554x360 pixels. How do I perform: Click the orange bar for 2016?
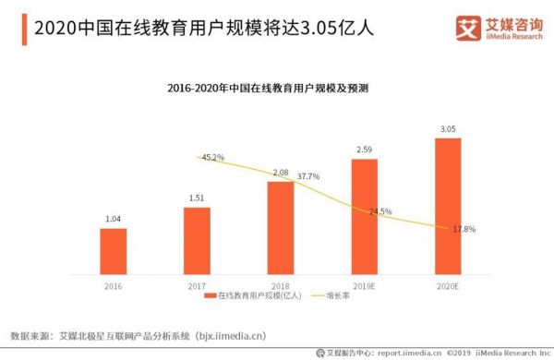[113, 250]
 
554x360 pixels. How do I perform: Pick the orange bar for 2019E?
[364, 216]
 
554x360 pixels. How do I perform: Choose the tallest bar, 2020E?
[448, 206]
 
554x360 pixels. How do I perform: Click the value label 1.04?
[113, 218]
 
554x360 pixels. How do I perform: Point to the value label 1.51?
[197, 197]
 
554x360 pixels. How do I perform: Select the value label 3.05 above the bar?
[448, 127]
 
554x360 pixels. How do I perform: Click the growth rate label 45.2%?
[211, 158]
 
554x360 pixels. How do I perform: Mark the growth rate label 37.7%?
[307, 175]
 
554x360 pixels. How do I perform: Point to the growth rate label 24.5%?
[380, 211]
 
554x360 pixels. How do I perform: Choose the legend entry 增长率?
[337, 296]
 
